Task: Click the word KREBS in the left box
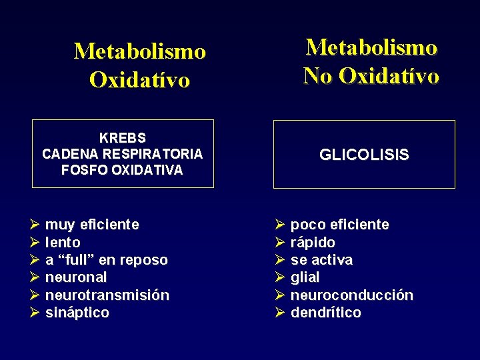123,138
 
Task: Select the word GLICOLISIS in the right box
364,155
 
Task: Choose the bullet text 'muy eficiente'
92,225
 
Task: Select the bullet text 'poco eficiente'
339,225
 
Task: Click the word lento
63,243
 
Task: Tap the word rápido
313,243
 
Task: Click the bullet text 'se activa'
321,260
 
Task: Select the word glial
305,277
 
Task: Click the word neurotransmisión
107,295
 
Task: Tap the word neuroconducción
351,295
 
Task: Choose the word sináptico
77,313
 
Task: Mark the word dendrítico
325,313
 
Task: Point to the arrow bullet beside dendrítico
280,313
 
